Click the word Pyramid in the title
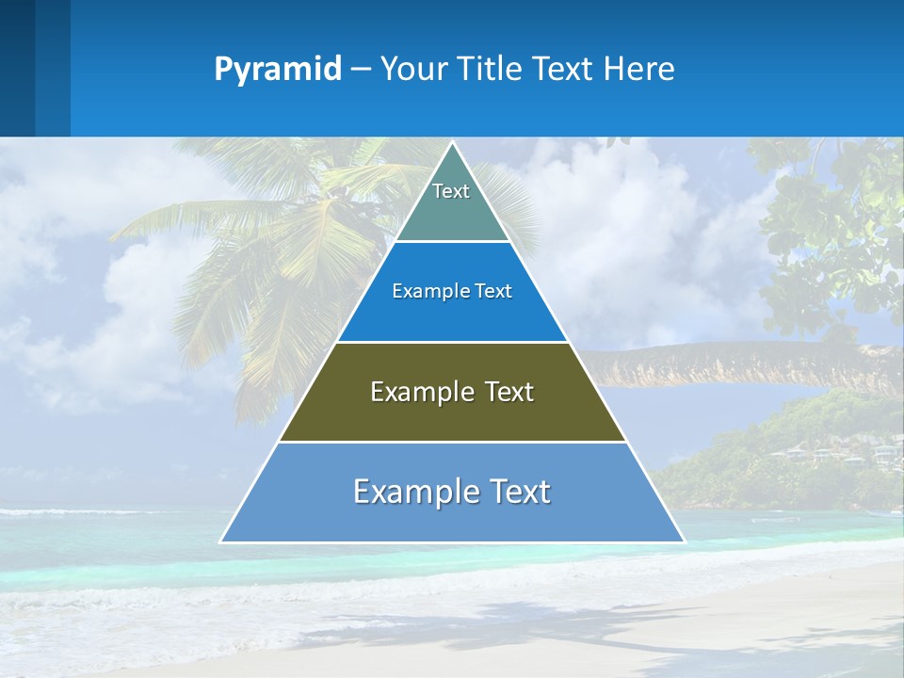point(278,70)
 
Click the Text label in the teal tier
point(451,191)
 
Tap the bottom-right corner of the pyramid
point(684,541)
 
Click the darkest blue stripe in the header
point(17,68)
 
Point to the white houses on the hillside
point(847,457)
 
